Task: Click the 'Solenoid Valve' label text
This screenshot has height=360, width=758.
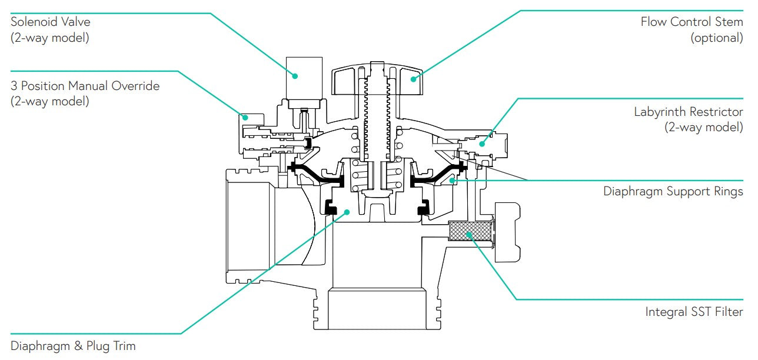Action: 51,22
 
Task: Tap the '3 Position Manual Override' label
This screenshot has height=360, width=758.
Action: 85,86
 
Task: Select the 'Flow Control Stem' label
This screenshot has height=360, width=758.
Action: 691,22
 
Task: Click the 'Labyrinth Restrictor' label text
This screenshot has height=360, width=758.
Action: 688,112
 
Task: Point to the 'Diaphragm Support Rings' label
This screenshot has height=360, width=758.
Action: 673,192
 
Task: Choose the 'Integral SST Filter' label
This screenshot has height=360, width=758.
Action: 694,312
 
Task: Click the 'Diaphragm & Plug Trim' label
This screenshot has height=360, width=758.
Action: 73,346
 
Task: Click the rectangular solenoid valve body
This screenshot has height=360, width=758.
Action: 304,78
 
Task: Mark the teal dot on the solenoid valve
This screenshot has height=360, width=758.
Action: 296,75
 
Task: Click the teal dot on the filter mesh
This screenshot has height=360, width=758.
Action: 469,234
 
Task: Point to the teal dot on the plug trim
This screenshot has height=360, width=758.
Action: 347,212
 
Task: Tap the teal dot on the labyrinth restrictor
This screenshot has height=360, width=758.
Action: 482,143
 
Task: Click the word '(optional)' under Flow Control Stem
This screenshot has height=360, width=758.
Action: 716,38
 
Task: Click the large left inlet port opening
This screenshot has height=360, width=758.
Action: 247,226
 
